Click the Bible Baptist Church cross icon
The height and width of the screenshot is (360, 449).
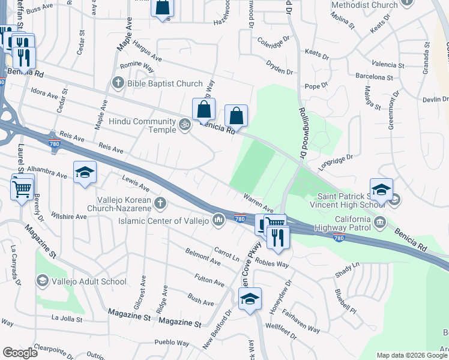pyautogui.click(x=118, y=83)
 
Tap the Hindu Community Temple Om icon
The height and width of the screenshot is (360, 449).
pyautogui.click(x=185, y=125)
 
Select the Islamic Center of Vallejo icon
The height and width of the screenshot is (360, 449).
pyautogui.click(x=218, y=221)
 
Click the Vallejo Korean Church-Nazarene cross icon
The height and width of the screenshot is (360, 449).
pyautogui.click(x=160, y=203)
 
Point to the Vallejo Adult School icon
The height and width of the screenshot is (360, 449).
pyautogui.click(x=42, y=280)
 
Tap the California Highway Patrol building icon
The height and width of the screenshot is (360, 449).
pyautogui.click(x=380, y=223)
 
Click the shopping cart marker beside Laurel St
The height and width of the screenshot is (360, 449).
pyautogui.click(x=22, y=189)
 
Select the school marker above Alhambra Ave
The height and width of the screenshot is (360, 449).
pyautogui.click(x=85, y=173)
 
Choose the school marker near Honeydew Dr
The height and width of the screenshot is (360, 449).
pyautogui.click(x=250, y=299)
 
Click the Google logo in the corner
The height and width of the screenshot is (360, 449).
pyautogui.click(x=20, y=353)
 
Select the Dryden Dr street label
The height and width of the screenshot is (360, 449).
pyautogui.click(x=279, y=67)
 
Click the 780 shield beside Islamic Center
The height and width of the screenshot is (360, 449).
pyautogui.click(x=240, y=219)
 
